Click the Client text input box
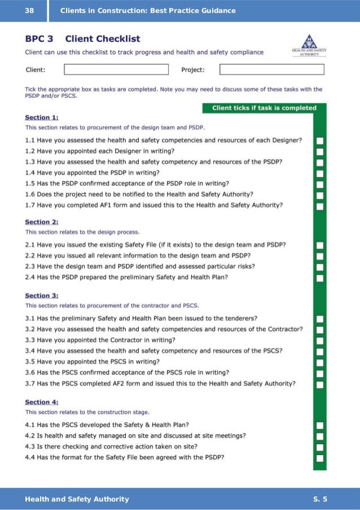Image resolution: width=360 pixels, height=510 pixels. click(116, 69)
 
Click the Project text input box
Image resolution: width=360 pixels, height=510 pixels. click(271, 69)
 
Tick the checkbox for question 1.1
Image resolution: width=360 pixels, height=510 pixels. click(320, 140)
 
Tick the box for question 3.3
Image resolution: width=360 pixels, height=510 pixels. click(320, 340)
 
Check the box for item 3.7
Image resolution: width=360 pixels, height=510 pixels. click(320, 384)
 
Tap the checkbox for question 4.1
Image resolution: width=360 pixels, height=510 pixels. click(320, 425)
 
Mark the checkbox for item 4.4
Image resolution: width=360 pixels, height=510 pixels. click(320, 457)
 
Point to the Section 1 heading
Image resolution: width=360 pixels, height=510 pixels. click(42, 117)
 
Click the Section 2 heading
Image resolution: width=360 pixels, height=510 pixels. click(42, 223)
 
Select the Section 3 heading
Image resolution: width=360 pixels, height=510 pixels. click(42, 295)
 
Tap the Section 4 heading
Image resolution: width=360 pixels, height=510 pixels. click(42, 402)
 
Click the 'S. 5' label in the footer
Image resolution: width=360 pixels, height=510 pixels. click(320, 499)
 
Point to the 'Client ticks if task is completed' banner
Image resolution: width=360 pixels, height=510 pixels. click(264, 108)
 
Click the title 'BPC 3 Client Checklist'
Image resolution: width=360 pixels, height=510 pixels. click(82, 39)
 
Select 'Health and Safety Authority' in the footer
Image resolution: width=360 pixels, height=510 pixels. click(77, 499)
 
